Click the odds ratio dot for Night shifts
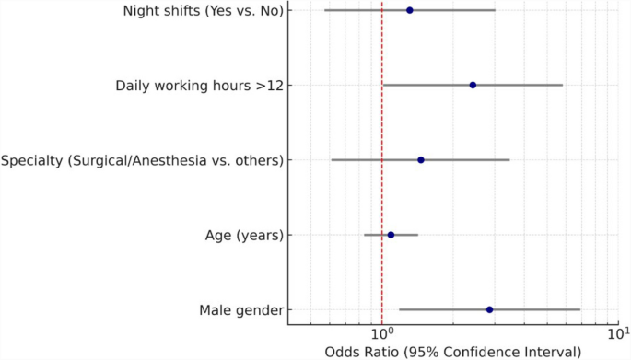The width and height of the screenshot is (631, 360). [x=409, y=10]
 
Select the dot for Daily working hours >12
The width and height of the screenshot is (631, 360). [x=473, y=85]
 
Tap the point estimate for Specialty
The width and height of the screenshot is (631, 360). [x=421, y=159]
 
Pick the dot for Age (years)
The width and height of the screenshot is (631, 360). [x=391, y=235]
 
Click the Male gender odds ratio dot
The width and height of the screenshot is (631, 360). [x=489, y=309]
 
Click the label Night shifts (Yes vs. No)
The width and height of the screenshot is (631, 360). [x=203, y=10]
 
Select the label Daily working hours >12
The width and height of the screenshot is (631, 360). [x=199, y=86]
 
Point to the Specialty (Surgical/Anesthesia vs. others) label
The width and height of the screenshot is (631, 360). [x=141, y=160]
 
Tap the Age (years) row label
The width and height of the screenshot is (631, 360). [x=243, y=236]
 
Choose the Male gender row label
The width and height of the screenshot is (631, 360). [x=240, y=310]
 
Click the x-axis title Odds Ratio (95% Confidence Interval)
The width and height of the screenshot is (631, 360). [x=453, y=351]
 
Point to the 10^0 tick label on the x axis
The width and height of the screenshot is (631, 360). [x=382, y=331]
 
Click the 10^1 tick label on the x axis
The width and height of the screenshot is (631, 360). [x=619, y=331]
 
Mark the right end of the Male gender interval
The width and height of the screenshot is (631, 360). [x=580, y=309]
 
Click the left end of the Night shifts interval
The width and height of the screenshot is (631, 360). [x=324, y=10]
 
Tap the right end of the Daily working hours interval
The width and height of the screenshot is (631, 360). [x=563, y=85]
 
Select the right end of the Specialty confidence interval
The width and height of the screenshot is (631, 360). [x=509, y=159]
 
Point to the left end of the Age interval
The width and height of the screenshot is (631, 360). [x=364, y=235]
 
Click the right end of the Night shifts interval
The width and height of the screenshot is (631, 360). [x=496, y=10]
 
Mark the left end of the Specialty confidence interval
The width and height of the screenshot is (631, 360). [x=332, y=159]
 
